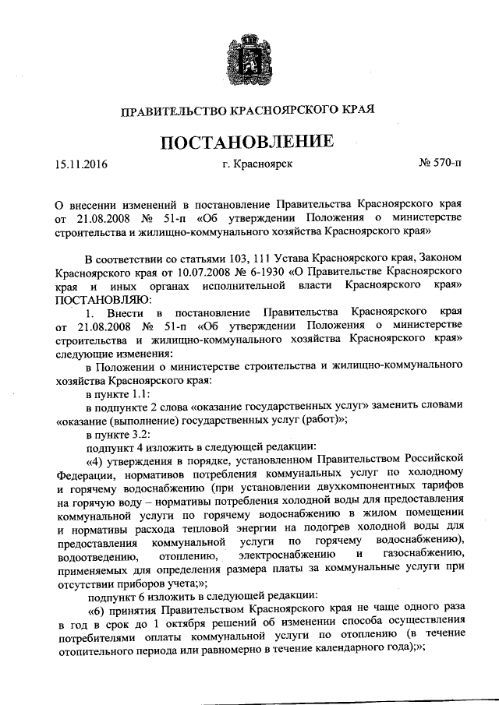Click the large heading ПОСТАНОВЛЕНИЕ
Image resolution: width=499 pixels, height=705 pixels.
pyautogui.click(x=249, y=142)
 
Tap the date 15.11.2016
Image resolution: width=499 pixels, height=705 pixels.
pyautogui.click(x=81, y=165)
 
